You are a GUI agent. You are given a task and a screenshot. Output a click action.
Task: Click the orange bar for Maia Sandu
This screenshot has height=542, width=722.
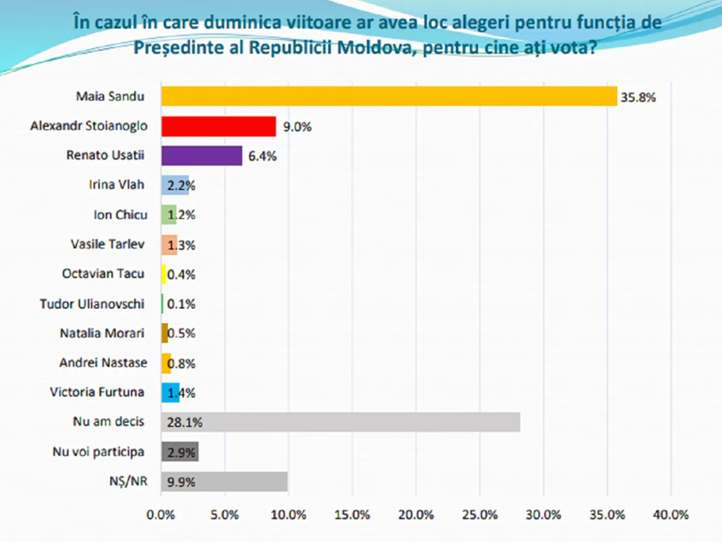click(x=389, y=96)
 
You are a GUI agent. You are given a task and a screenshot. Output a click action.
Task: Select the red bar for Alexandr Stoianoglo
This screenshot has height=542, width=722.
click(x=218, y=126)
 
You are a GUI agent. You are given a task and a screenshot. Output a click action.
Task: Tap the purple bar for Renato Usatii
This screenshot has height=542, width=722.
click(x=202, y=156)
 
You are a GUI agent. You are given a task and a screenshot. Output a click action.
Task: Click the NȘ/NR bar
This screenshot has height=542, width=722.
click(x=224, y=482)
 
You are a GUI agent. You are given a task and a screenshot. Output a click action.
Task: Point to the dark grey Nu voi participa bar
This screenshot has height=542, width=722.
click(x=180, y=452)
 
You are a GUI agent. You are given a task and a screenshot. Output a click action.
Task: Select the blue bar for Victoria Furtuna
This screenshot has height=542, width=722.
click(x=170, y=393)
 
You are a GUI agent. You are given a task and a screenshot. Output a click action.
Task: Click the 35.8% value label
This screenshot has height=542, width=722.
click(x=638, y=97)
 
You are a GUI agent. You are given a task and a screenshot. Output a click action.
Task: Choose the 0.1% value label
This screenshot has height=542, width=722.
click(x=181, y=304)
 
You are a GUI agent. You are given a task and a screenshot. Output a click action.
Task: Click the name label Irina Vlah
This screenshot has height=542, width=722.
click(x=117, y=185)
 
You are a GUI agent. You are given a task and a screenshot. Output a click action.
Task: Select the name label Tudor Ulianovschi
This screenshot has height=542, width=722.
click(x=92, y=304)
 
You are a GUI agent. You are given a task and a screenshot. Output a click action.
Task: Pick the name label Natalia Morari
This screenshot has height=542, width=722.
click(x=102, y=333)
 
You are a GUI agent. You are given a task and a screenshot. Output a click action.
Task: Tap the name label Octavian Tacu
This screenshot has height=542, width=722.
click(x=103, y=274)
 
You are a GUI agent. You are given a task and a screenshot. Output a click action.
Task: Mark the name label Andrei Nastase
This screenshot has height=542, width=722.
click(x=102, y=363)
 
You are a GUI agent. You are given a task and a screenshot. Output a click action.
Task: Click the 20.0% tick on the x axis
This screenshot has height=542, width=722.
click(x=416, y=516)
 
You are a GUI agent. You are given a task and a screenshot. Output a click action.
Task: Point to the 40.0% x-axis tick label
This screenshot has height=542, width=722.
click(x=670, y=516)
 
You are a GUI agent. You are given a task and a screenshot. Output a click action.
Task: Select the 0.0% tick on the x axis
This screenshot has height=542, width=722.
click(x=161, y=516)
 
